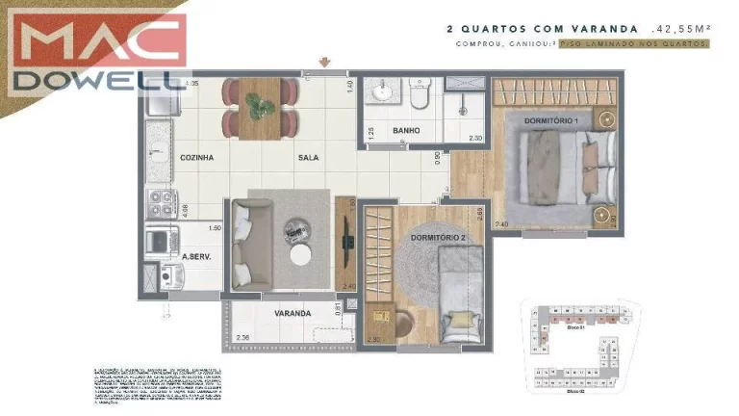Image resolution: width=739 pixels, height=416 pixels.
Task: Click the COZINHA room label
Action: pos(196,157)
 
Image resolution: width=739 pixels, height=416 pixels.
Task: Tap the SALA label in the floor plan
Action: pos(308,157)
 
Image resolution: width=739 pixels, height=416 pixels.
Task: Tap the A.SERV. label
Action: pos(196,257)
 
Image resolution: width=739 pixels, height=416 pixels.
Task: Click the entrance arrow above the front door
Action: pos(325,64)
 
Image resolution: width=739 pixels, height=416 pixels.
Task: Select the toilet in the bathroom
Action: pos(420,95)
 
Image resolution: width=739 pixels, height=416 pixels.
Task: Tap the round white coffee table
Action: pos(300,254)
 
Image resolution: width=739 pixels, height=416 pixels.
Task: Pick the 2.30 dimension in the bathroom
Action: pos(474,139)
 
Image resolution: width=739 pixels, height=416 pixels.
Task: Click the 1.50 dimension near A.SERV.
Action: pos(216,228)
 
